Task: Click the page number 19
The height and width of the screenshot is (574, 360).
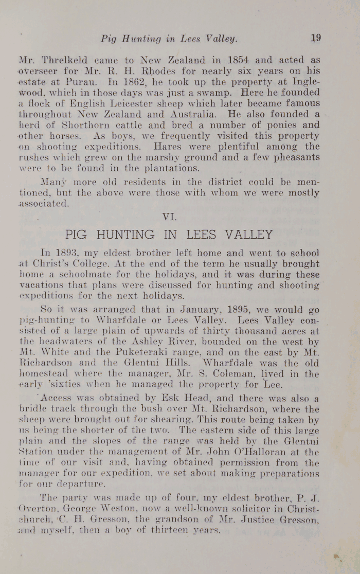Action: pos(316,38)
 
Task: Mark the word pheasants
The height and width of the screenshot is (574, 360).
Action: pos(291,157)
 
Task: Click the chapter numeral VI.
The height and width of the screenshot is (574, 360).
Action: pos(169,217)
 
